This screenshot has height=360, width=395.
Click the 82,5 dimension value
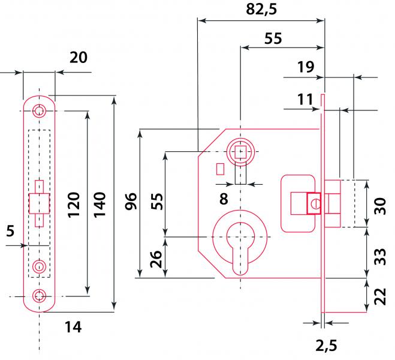(x=261, y=10)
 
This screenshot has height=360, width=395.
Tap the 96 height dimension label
(x=131, y=201)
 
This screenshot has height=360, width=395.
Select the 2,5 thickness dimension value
(x=326, y=346)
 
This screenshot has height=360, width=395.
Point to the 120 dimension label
(x=74, y=205)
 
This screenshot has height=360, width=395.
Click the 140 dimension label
(x=99, y=205)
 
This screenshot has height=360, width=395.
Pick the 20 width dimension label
(x=79, y=58)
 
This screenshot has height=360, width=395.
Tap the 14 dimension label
(x=73, y=327)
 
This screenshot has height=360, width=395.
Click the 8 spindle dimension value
(x=224, y=199)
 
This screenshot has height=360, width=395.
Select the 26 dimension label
(x=156, y=259)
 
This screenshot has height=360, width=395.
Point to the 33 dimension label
(x=380, y=257)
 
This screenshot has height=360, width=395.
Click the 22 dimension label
(x=380, y=296)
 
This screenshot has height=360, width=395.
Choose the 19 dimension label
(x=306, y=67)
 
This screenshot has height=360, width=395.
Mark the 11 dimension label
(x=305, y=100)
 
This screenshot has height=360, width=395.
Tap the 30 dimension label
(x=380, y=206)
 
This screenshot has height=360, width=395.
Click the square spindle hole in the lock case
(x=240, y=152)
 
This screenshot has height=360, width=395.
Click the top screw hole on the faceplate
(x=39, y=110)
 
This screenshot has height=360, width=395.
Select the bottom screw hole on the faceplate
(x=39, y=296)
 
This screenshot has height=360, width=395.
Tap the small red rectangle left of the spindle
(x=221, y=169)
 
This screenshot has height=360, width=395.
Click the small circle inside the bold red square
(x=315, y=203)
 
